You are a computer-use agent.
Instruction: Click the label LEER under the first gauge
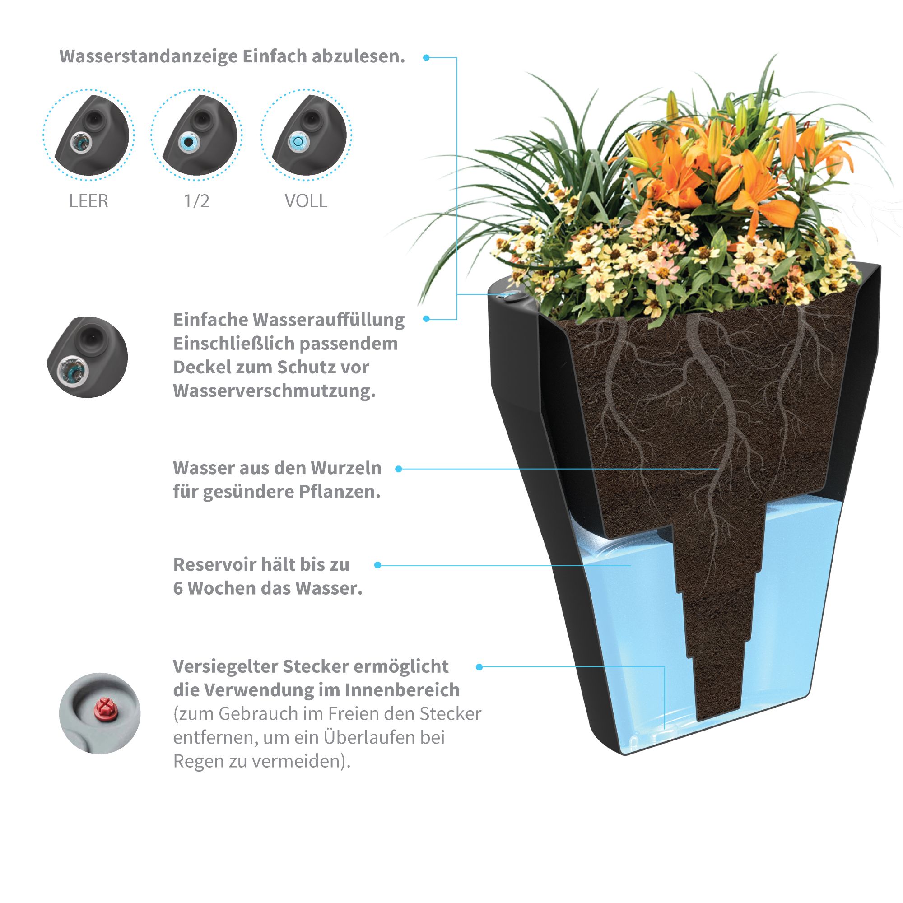click(x=88, y=201)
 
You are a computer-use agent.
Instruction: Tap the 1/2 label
click(x=196, y=201)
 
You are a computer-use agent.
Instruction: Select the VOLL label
click(x=306, y=201)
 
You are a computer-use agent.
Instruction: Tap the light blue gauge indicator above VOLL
click(x=296, y=140)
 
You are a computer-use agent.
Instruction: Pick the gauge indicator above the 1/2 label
click(x=188, y=141)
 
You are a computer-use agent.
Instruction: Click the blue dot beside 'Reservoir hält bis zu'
click(x=377, y=565)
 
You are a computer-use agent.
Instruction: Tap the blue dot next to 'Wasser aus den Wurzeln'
click(x=399, y=469)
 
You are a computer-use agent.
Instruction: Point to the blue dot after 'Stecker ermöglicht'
click(x=479, y=667)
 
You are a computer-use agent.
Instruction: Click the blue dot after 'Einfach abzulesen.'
click(x=426, y=57)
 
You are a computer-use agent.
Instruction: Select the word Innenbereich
click(x=402, y=690)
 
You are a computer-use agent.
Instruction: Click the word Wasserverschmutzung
click(x=275, y=391)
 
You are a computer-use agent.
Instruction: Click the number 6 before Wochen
click(x=178, y=588)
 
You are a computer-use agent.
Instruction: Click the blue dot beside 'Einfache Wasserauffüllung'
click(x=426, y=319)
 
